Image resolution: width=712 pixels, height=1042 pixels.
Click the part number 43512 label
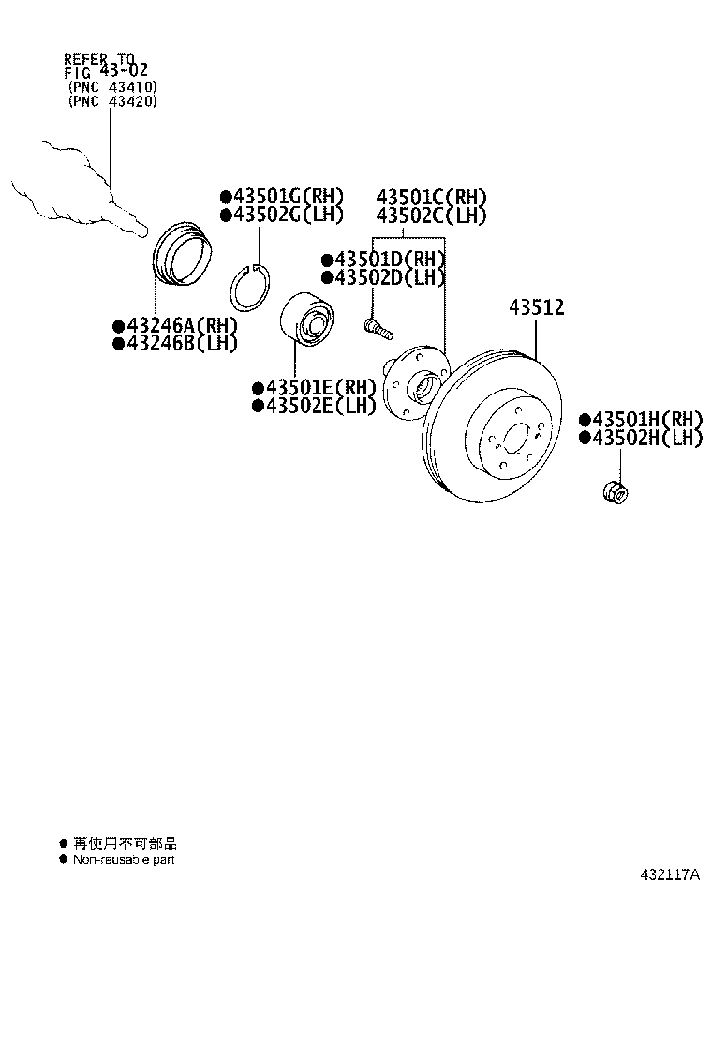coord(537,307)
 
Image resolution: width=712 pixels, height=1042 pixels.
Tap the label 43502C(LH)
coord(432,216)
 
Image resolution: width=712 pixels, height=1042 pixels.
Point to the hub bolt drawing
coord(377,327)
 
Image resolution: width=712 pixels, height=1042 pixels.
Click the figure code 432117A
coord(670,875)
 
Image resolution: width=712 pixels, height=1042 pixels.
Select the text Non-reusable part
coord(124,859)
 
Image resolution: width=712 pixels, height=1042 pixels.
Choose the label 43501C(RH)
coord(432,197)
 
